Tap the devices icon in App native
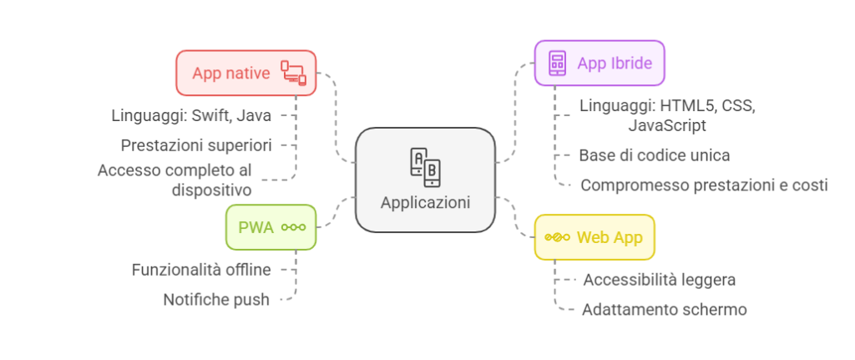[293, 73]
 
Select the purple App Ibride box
[600, 63]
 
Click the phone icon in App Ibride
[557, 63]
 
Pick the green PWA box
[271, 226]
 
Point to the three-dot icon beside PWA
[293, 226]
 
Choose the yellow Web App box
[594, 237]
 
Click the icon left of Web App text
[557, 237]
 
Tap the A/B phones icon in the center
[424, 167]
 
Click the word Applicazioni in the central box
[425, 202]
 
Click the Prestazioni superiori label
[196, 145]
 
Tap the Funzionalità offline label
[202, 270]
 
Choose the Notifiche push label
[217, 299]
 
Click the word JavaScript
[667, 125]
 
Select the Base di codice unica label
[655, 155]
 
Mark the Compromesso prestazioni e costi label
[704, 185]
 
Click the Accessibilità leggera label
[660, 279]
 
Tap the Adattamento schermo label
[664, 309]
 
